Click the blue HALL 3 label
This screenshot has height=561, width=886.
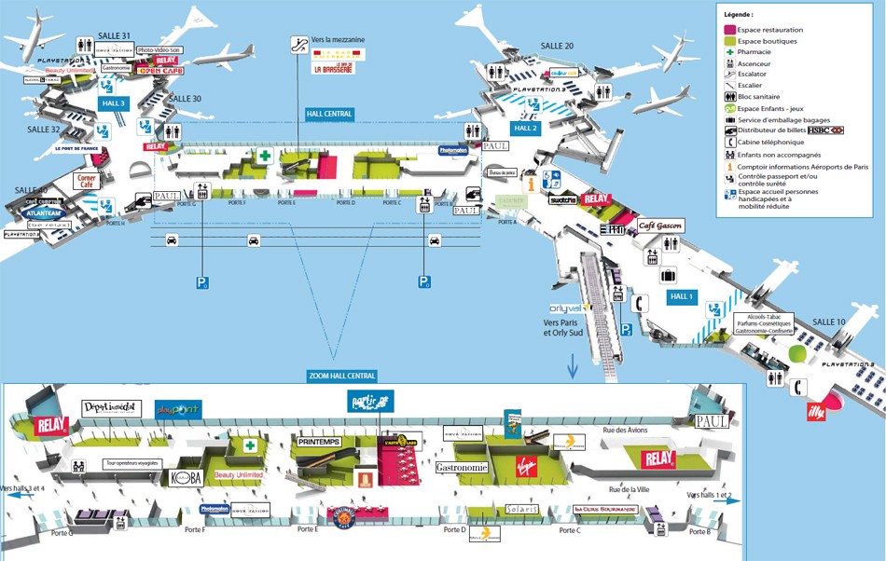(x=113, y=103)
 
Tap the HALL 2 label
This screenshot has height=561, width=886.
(x=526, y=128)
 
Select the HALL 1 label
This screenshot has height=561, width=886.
(x=682, y=296)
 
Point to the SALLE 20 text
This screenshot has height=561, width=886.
(x=557, y=46)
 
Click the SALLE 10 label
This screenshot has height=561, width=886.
(x=828, y=322)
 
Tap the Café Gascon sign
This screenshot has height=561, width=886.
(x=661, y=226)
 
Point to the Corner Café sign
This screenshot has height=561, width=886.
(x=87, y=181)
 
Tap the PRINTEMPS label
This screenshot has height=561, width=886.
(x=319, y=441)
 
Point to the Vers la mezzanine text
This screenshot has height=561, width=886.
(x=339, y=40)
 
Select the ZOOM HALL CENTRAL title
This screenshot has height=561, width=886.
(x=341, y=376)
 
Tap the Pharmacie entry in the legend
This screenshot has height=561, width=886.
(x=762, y=52)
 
